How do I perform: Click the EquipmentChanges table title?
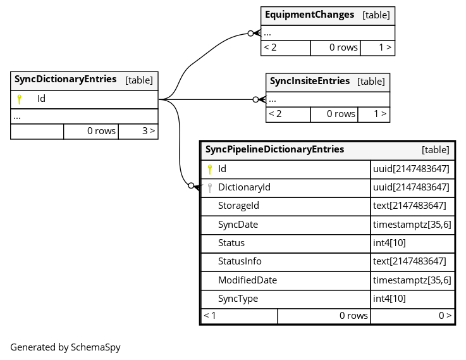click(309, 15)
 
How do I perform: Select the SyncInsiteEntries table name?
click(310, 81)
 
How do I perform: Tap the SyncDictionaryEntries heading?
click(65, 79)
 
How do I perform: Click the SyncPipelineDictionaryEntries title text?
click(274, 149)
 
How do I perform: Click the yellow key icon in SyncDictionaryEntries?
click(20, 99)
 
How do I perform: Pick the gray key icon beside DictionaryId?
click(210, 188)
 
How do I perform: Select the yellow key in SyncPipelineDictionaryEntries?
click(210, 170)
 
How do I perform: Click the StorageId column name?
click(238, 206)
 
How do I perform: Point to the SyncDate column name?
click(238, 225)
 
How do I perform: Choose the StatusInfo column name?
click(240, 261)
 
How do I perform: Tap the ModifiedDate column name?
click(247, 280)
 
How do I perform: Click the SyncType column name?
click(238, 299)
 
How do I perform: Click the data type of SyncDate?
click(412, 225)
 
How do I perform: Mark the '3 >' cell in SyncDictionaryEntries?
click(138, 131)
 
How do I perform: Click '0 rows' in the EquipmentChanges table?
click(343, 47)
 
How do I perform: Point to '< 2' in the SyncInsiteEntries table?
click(275, 114)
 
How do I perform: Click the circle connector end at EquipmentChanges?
click(250, 34)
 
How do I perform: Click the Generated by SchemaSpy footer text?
click(65, 347)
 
